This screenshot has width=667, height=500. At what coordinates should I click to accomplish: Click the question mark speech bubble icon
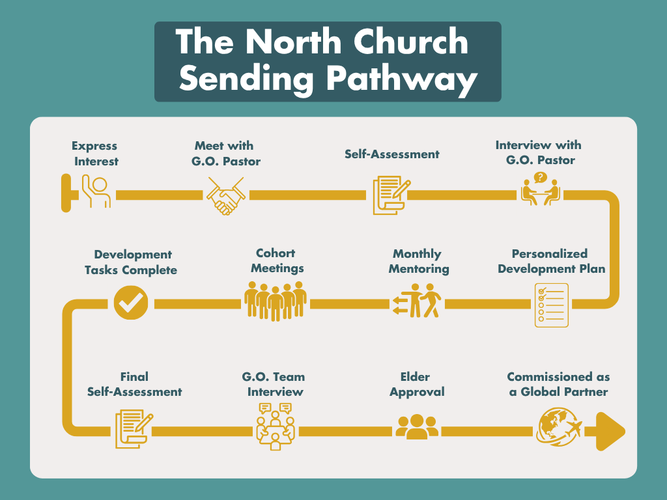point(540,178)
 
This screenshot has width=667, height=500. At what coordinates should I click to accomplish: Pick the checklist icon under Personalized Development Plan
point(551,305)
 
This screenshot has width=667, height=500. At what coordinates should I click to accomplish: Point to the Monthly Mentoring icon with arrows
point(417,301)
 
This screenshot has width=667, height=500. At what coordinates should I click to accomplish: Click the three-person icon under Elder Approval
point(417,427)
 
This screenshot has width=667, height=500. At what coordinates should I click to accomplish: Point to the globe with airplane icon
point(559,428)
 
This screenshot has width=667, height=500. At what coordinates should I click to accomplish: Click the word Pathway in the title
point(402,79)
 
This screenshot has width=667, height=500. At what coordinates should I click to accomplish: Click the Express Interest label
point(95,154)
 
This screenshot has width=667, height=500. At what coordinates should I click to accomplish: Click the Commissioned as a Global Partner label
point(558,384)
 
